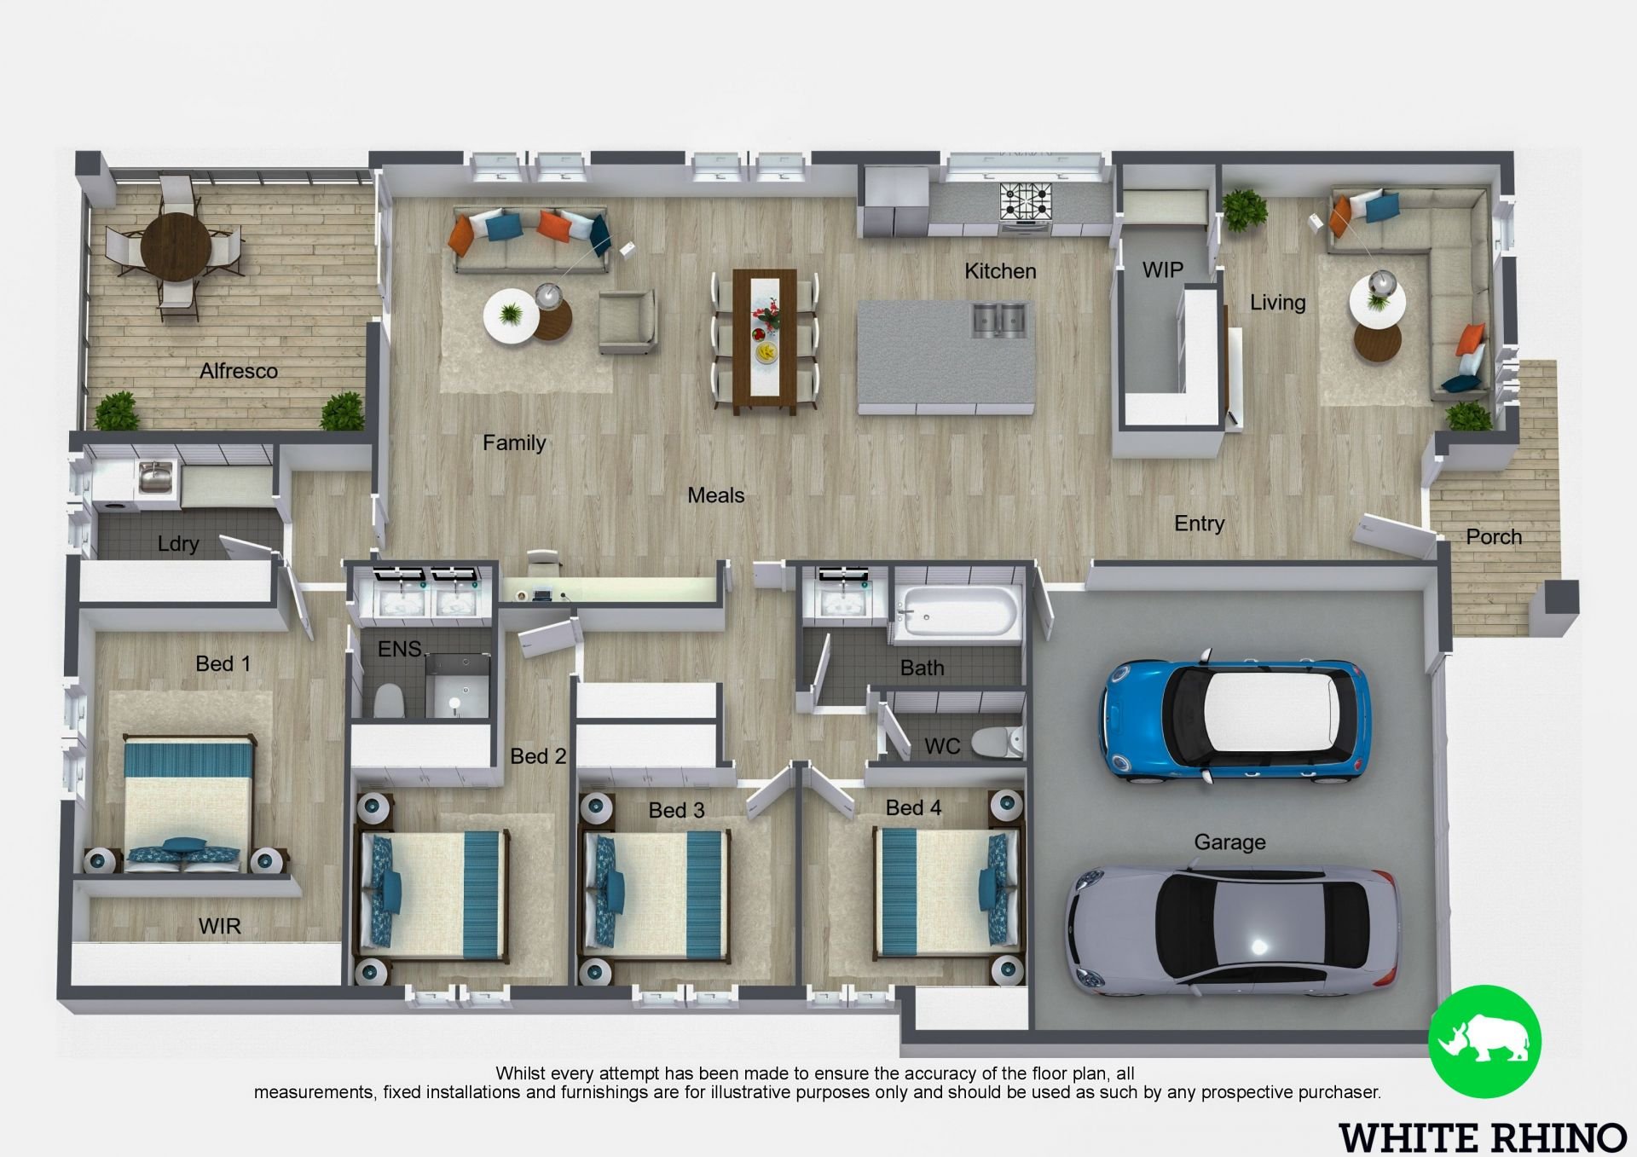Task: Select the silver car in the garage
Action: [1232, 931]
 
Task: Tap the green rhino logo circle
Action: [1484, 1040]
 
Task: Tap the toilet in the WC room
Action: [998, 743]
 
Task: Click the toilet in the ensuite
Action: [389, 700]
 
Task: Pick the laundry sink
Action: [155, 477]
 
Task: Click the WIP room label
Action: [1162, 269]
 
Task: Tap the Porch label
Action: [1494, 537]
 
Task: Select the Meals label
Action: [715, 495]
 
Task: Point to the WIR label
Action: [219, 926]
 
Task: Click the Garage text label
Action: [1229, 842]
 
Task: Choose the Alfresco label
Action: [239, 371]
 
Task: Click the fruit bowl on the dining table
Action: [766, 350]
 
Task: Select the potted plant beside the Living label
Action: [1244, 209]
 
